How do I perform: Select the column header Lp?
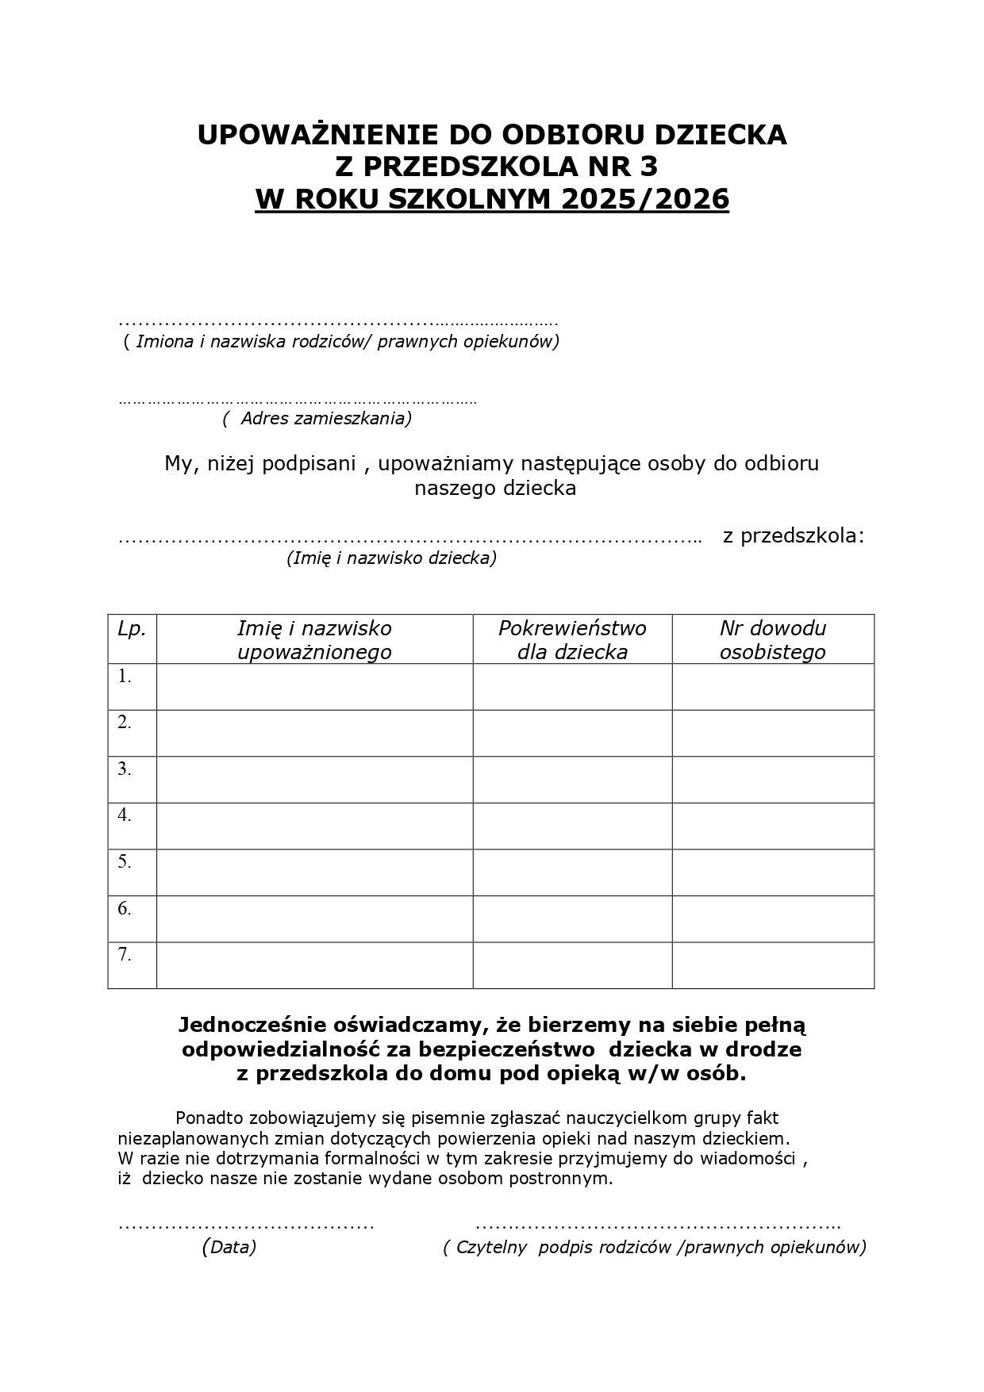click(x=132, y=629)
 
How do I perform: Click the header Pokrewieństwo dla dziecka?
click(x=572, y=639)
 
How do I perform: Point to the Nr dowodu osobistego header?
click(x=772, y=639)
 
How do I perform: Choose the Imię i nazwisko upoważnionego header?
click(x=314, y=639)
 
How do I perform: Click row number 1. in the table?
click(x=125, y=677)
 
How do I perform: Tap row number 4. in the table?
click(x=125, y=815)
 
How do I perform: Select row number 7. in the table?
click(x=125, y=955)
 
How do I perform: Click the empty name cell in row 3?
click(x=314, y=780)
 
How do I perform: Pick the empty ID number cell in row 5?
click(x=772, y=872)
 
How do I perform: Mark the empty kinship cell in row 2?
click(x=572, y=733)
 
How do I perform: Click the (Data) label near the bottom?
click(x=229, y=1247)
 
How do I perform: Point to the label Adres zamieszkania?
click(x=317, y=418)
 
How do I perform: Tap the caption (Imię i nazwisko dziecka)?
click(x=391, y=558)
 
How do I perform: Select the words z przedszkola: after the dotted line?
click(x=793, y=535)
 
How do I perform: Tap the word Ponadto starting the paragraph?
click(x=209, y=1118)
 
